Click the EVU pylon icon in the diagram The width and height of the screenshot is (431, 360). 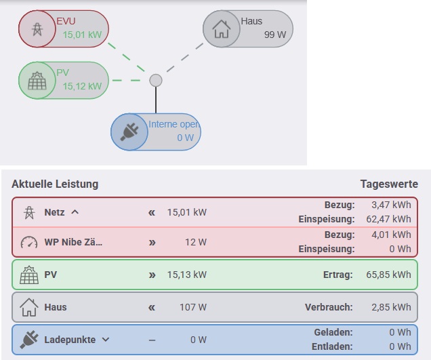tap(35, 29)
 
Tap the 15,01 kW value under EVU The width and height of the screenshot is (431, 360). tap(82, 35)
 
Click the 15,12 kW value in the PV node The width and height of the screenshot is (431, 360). tap(82, 86)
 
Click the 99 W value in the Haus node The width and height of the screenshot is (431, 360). tap(275, 35)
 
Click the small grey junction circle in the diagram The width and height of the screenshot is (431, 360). tap(156, 81)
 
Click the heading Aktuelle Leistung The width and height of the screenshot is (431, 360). tap(55, 184)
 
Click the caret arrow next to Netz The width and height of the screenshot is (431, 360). tap(75, 212)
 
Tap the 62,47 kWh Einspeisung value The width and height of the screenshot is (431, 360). tap(391, 219)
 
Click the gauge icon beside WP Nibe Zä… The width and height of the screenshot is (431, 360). tap(29, 242)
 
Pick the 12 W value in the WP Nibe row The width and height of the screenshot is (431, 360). tap(195, 242)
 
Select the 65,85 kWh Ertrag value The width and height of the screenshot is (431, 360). tap(391, 275)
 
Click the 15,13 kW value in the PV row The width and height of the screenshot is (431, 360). tap(186, 275)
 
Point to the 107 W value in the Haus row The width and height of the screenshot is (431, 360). tap(193, 307)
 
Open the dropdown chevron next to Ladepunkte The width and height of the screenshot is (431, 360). tap(105, 340)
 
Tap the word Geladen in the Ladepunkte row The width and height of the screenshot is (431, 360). tap(333, 333)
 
